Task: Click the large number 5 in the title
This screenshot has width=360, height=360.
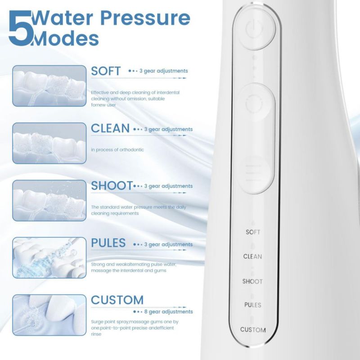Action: pos(20,28)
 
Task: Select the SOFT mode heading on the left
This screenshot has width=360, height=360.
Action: pos(106,71)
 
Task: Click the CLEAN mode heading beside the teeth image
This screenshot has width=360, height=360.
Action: pos(110,128)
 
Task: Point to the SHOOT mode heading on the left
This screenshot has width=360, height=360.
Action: pos(112,185)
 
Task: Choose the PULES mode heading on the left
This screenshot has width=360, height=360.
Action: pos(108,243)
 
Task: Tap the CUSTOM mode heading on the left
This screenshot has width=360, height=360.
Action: pos(117,300)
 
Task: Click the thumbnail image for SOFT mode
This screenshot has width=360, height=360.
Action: pos(49,86)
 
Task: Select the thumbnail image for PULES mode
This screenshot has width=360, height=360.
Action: pos(49,257)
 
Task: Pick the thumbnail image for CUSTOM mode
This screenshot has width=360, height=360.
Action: pos(49,315)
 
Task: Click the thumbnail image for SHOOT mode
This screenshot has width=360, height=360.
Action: pos(49,200)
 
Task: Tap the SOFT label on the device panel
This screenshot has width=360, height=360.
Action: pos(253,232)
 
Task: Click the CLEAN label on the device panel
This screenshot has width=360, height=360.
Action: pos(252,256)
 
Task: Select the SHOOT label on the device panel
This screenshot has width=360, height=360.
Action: pos(252,281)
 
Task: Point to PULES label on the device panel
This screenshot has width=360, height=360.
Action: pos(252,305)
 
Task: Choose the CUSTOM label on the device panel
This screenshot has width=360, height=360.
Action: pos(253,330)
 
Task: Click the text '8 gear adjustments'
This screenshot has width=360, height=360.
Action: pos(168,312)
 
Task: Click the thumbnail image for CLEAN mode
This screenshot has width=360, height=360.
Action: pos(49,143)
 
